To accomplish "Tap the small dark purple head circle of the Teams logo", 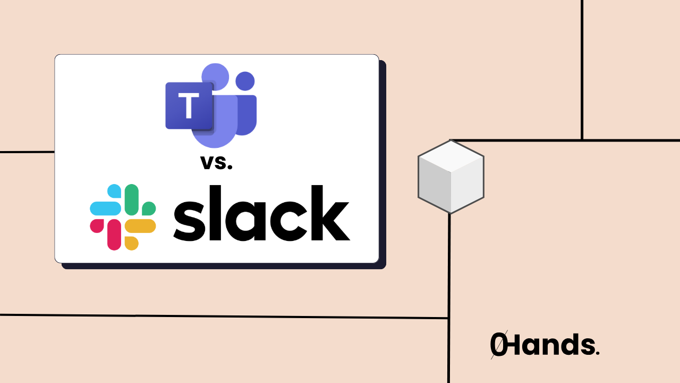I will (244, 81).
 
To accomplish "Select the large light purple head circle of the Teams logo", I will (215, 77).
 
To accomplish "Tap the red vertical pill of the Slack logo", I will (114, 234).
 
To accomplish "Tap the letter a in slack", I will (249, 220).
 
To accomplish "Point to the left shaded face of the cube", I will (435, 186).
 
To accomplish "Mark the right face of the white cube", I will (467, 186).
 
